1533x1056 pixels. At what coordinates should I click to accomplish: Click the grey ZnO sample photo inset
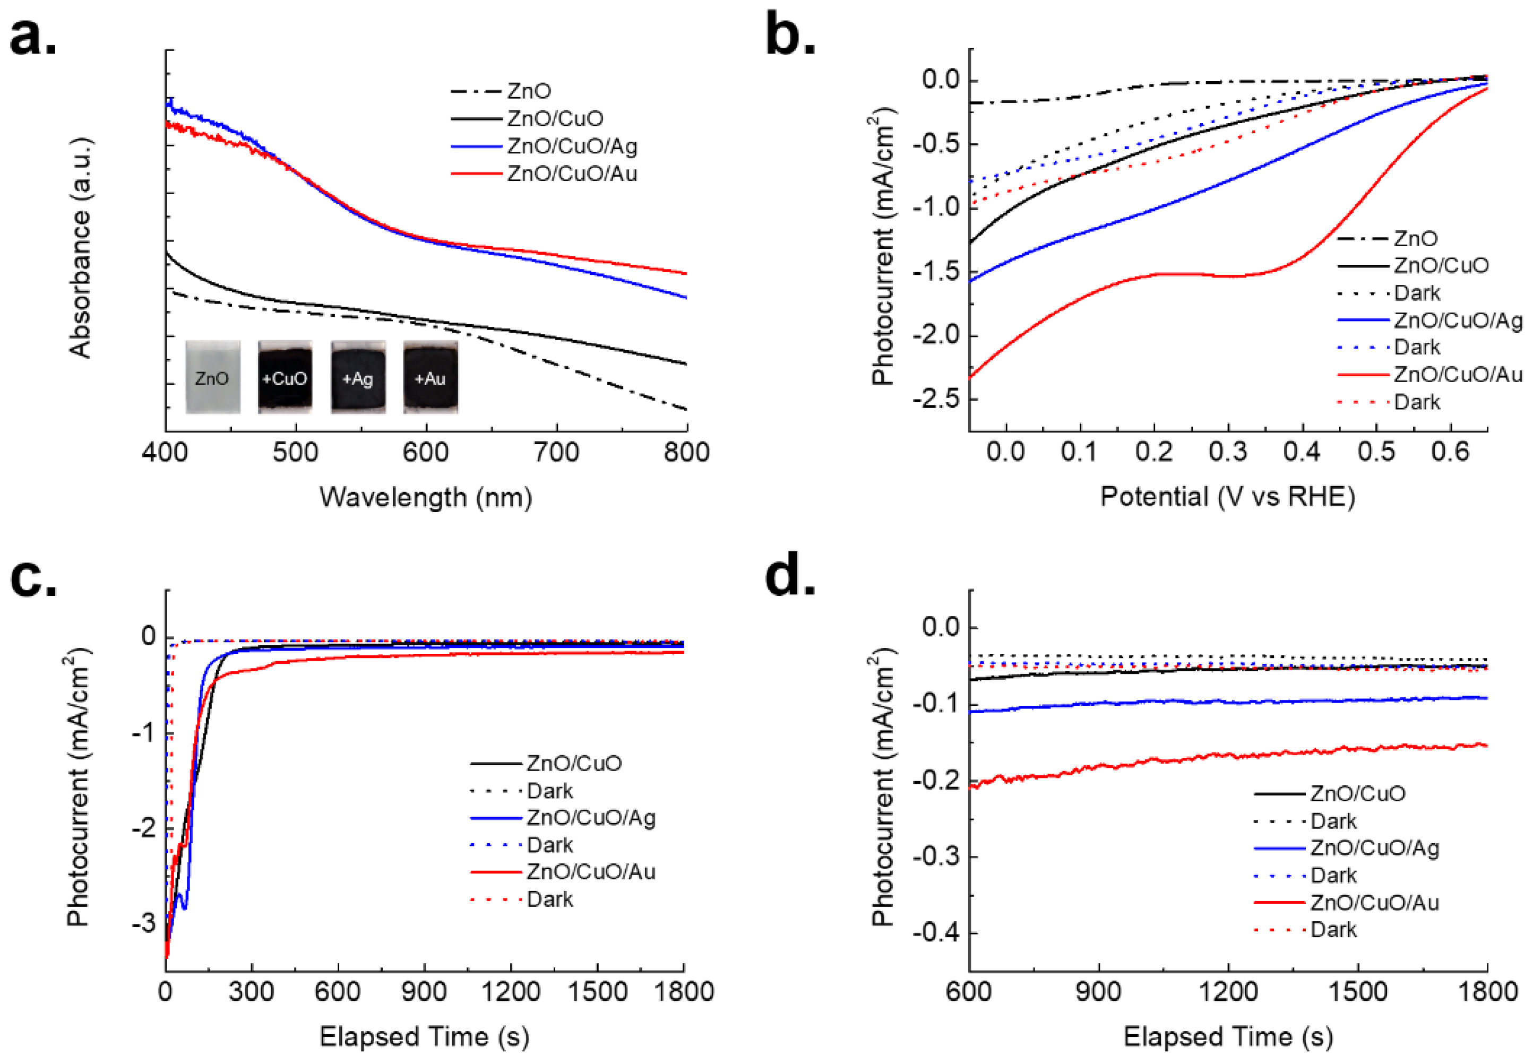212,377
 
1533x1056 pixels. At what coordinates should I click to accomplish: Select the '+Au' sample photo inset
430,377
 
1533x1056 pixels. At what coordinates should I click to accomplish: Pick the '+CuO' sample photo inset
285,377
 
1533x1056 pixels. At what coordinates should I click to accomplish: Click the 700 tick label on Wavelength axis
556,453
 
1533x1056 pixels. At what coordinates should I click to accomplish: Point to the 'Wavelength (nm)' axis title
426,497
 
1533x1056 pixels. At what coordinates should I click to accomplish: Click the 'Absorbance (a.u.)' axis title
80,248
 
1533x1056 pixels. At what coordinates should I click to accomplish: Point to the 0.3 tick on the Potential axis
1228,453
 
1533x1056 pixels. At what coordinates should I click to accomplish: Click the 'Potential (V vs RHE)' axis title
1227,497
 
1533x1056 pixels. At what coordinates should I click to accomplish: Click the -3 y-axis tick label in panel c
144,923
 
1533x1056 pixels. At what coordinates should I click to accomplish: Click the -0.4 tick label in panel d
935,933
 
